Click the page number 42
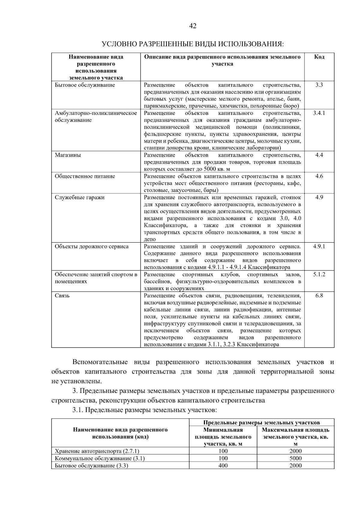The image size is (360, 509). click(x=193, y=26)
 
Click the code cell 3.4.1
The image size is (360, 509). click(x=319, y=113)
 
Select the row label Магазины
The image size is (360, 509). click(x=68, y=155)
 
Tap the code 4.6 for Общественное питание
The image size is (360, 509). click(x=319, y=176)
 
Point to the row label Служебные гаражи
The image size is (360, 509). click(x=79, y=198)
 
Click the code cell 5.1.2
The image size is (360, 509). click(x=319, y=274)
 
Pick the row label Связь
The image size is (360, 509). click(x=62, y=296)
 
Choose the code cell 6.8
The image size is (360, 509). click(x=319, y=296)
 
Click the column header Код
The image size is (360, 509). click(x=319, y=57)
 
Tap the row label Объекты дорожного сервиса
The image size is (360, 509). click(x=91, y=247)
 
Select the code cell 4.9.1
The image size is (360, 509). click(x=319, y=247)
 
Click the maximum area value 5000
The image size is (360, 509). click(x=295, y=458)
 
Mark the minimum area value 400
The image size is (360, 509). click(x=223, y=466)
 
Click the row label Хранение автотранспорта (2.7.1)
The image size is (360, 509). click(x=97, y=451)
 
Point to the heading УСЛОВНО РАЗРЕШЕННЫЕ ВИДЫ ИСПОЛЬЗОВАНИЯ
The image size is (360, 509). click(x=193, y=44)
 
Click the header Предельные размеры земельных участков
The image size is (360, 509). click(x=261, y=423)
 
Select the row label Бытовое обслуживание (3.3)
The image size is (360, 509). click(x=91, y=466)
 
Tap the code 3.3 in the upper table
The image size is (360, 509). click(x=319, y=85)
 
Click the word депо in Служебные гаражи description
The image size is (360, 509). click(x=150, y=239)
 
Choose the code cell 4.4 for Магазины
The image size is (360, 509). click(x=319, y=155)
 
